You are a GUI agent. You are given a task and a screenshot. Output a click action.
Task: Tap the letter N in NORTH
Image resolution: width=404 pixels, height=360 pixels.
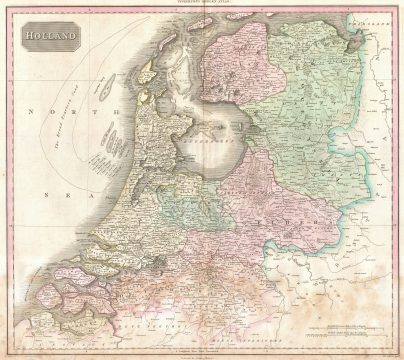(x=32, y=112)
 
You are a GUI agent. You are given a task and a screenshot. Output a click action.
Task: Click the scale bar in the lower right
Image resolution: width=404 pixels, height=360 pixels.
(x=335, y=327)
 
